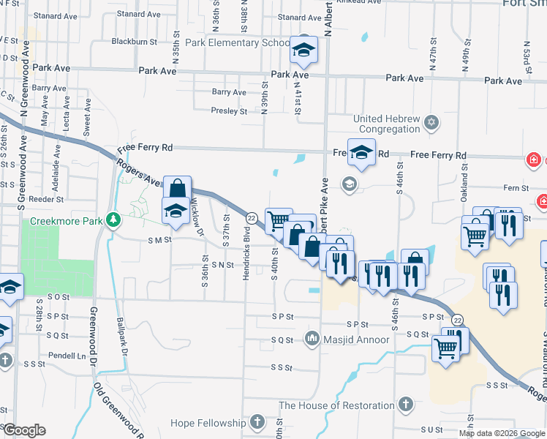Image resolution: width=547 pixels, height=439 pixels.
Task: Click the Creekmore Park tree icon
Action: point(113,219)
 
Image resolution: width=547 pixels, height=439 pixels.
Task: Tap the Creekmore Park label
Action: point(67,220)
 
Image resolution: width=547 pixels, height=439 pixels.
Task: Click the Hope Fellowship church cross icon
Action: point(256,421)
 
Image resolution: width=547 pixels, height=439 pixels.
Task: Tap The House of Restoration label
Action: point(336,405)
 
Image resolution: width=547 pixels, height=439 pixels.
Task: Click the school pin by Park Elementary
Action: point(303,50)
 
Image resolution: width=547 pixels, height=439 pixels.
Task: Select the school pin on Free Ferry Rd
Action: point(361,153)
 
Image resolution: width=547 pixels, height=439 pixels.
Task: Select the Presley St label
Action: point(229,111)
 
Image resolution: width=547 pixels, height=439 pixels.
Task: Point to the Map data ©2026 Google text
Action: point(502,433)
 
